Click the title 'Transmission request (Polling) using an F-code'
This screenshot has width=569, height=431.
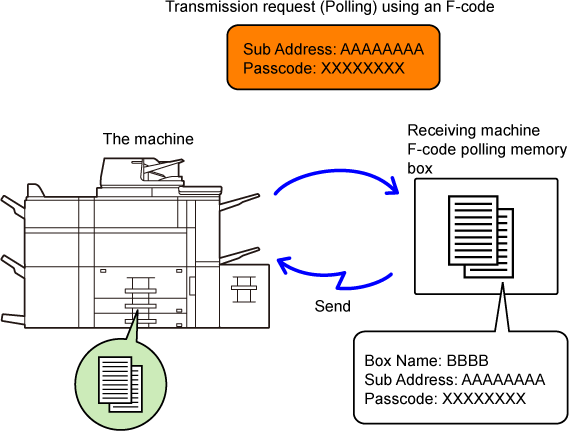click(330, 7)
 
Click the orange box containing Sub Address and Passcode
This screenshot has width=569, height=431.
click(333, 57)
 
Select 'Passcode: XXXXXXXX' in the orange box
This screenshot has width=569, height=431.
click(324, 68)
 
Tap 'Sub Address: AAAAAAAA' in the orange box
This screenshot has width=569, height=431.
click(333, 49)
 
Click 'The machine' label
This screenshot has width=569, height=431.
click(148, 139)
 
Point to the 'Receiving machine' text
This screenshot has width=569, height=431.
click(474, 130)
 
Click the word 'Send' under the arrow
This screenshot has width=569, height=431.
click(332, 306)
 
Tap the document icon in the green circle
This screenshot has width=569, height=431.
click(120, 384)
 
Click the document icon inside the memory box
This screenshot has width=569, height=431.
click(481, 237)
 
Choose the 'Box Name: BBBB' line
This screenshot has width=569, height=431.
click(426, 361)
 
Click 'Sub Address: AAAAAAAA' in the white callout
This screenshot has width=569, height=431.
click(455, 379)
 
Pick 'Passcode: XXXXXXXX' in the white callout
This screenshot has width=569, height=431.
click(445, 399)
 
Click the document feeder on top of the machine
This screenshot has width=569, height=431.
click(142, 172)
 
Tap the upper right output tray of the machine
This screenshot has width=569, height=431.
click(240, 202)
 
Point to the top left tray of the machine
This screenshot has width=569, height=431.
click(13, 207)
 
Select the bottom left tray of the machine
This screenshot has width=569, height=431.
click(13, 318)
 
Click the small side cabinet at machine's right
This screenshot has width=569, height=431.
click(244, 296)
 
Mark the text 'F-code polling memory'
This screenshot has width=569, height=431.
click(487, 149)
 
